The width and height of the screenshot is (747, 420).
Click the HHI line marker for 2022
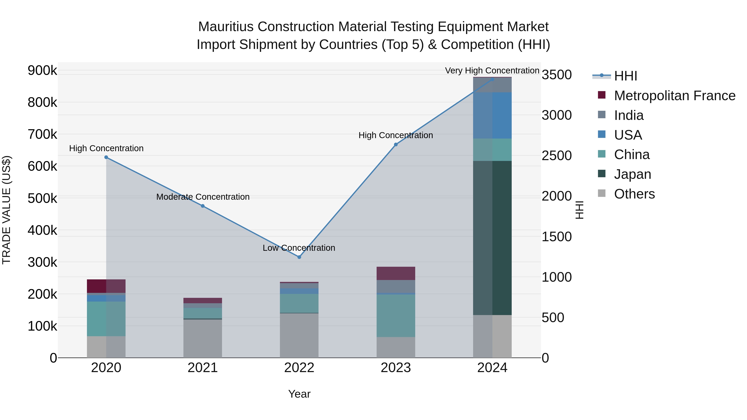click(x=299, y=257)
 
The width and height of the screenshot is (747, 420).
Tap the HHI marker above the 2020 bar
click(x=106, y=157)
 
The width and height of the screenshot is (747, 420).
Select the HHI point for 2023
click(x=396, y=145)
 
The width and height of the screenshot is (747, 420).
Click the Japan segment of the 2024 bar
click(x=492, y=238)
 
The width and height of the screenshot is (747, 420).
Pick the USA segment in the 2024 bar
click(x=492, y=115)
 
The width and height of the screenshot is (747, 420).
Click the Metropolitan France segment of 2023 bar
click(x=396, y=273)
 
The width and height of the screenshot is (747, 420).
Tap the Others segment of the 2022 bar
click(x=299, y=335)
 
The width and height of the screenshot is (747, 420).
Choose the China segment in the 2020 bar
click(x=106, y=319)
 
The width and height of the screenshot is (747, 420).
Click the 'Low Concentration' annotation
click(x=299, y=248)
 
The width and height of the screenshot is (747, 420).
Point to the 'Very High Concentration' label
click(x=492, y=71)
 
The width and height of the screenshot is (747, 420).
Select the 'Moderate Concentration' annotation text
click(x=203, y=197)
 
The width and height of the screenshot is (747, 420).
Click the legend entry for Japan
click(x=632, y=174)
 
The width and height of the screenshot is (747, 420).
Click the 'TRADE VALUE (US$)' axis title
click(x=6, y=210)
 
